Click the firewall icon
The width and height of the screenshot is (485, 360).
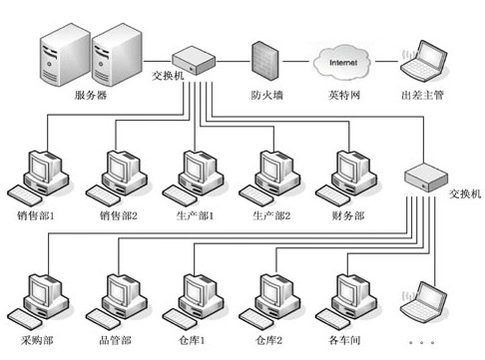point(262,61)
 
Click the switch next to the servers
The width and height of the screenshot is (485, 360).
point(194,62)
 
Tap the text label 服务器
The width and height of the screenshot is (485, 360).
point(92,96)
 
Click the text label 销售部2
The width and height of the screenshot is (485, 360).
point(116,214)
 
